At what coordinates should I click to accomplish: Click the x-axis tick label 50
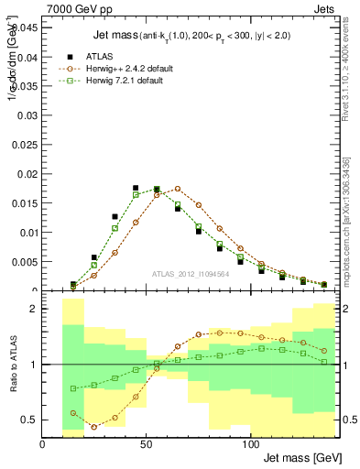[147, 443]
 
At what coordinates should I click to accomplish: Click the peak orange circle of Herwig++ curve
[178, 190]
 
